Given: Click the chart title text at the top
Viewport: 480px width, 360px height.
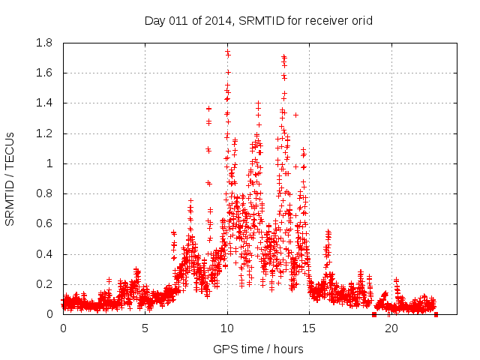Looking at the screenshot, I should tap(258, 20).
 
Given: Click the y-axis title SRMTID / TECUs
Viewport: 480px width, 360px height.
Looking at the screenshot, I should tap(10, 178).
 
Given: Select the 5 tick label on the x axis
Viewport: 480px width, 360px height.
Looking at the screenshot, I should tap(145, 328).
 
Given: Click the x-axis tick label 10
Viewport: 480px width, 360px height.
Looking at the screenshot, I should tap(227, 328).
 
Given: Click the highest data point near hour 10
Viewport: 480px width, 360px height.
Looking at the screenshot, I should tap(227, 52).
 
